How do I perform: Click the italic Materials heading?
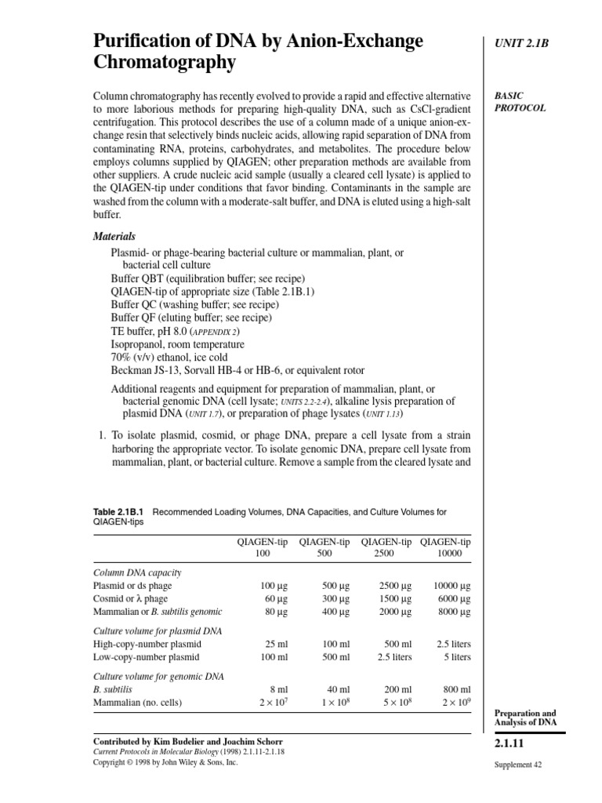114,236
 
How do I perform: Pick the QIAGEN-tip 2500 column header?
386,547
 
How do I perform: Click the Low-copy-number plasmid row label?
147,657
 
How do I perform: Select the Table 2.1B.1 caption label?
119,512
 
